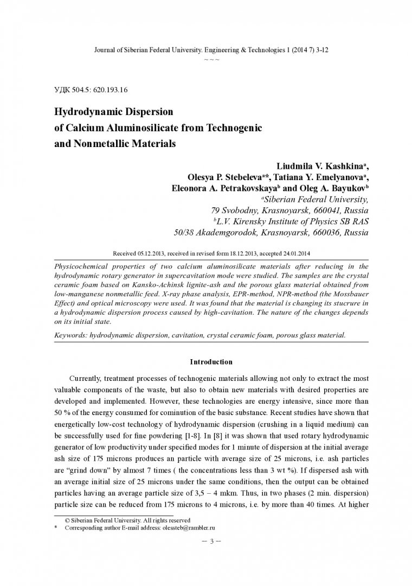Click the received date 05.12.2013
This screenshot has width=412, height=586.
click(x=151, y=253)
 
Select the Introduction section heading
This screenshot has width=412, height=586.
click(x=211, y=362)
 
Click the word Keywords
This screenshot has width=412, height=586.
click(x=72, y=335)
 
